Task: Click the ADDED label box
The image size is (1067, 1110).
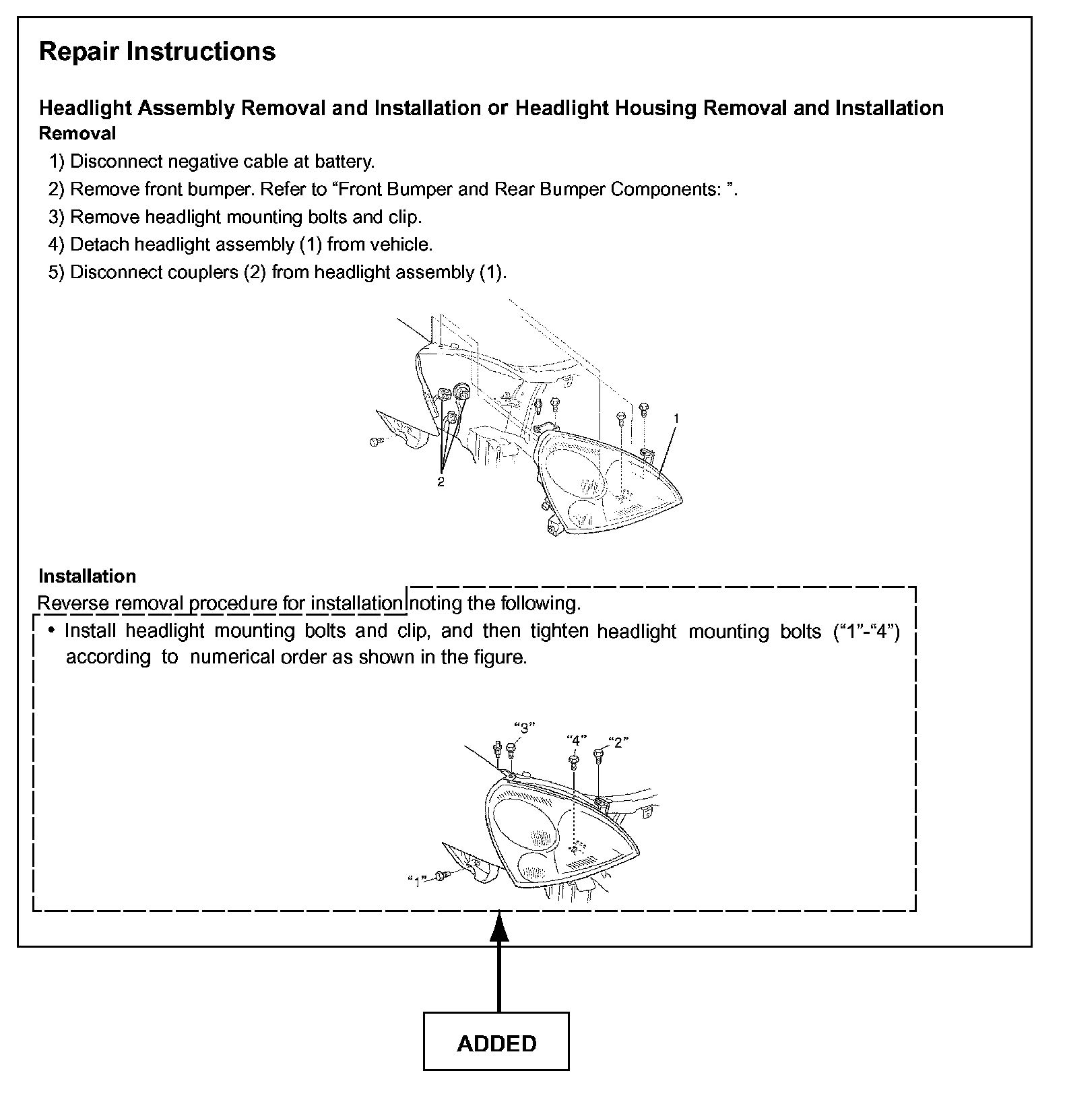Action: pos(496,1043)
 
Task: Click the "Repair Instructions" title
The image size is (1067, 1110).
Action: pos(157,52)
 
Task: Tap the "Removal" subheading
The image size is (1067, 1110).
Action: pos(77,133)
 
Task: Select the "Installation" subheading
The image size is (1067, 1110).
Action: pos(88,576)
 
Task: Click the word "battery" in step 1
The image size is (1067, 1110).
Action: pos(344,162)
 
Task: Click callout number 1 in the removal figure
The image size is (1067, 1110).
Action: pos(676,418)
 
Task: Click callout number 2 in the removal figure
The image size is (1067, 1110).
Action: pos(441,482)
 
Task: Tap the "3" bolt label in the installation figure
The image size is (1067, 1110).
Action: pos(524,727)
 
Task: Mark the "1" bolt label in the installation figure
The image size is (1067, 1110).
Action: pos(418,881)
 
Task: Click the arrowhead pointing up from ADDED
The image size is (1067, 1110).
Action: pos(498,926)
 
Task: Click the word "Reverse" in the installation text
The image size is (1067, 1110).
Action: pos(73,603)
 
